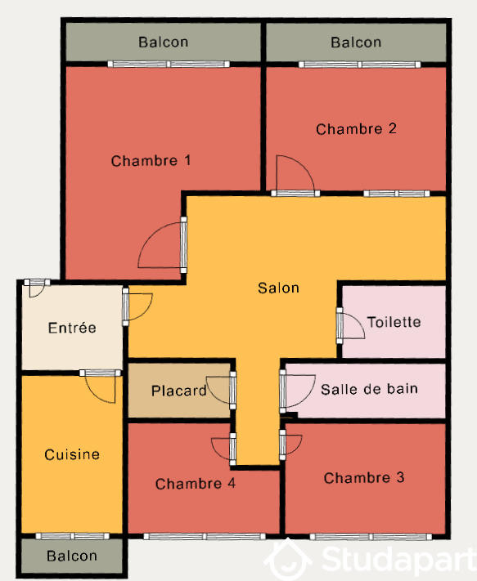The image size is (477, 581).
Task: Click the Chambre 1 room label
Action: point(151,161)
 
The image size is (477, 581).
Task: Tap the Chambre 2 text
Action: point(356,129)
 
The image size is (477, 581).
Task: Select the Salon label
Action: point(278,288)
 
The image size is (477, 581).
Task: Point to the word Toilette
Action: point(394,322)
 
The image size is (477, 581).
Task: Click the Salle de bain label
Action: point(369,389)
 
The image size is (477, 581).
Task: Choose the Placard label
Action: point(179,391)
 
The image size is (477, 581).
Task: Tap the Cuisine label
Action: point(72,454)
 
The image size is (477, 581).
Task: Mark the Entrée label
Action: point(72,328)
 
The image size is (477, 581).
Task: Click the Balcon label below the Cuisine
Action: point(72,556)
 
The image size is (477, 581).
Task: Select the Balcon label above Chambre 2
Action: point(356,42)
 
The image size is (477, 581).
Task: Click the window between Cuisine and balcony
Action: point(72,537)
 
